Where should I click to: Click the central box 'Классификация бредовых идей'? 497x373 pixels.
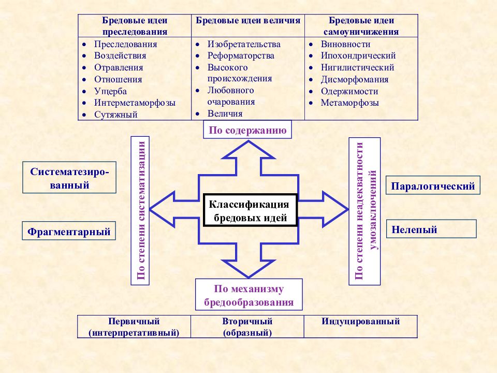pyautogui.click(x=251, y=210)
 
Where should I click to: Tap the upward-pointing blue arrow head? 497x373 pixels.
pyautogui.click(x=248, y=150)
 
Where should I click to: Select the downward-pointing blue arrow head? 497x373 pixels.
pyautogui.click(x=248, y=269)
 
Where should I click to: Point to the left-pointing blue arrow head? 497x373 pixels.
pyautogui.click(x=162, y=209)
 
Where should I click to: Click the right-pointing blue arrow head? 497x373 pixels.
pyautogui.click(x=335, y=209)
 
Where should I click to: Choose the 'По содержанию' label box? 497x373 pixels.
pyautogui.click(x=247, y=130)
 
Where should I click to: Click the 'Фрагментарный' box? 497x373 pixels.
pyautogui.click(x=69, y=231)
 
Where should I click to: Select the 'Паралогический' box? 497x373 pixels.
pyautogui.click(x=433, y=185)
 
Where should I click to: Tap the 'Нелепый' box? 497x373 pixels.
pyautogui.click(x=431, y=228)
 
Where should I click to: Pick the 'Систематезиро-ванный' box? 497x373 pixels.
pyautogui.click(x=69, y=178)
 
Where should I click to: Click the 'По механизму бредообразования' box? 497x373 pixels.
pyautogui.click(x=249, y=295)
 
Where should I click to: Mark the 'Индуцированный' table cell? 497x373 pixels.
pyautogui.click(x=361, y=326)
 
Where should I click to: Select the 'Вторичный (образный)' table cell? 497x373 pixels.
pyautogui.click(x=247, y=326)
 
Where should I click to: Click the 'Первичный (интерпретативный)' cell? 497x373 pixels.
pyautogui.click(x=134, y=326)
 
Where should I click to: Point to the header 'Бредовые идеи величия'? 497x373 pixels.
pyautogui.click(x=248, y=21)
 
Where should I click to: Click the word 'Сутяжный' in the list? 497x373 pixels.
pyautogui.click(x=115, y=114)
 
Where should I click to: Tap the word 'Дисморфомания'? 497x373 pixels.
pyautogui.click(x=355, y=79)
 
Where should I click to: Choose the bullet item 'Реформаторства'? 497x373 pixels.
pyautogui.click(x=241, y=55)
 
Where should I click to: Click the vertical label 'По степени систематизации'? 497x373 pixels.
pyautogui.click(x=140, y=211)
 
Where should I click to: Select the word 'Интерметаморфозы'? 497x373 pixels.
pyautogui.click(x=135, y=103)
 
